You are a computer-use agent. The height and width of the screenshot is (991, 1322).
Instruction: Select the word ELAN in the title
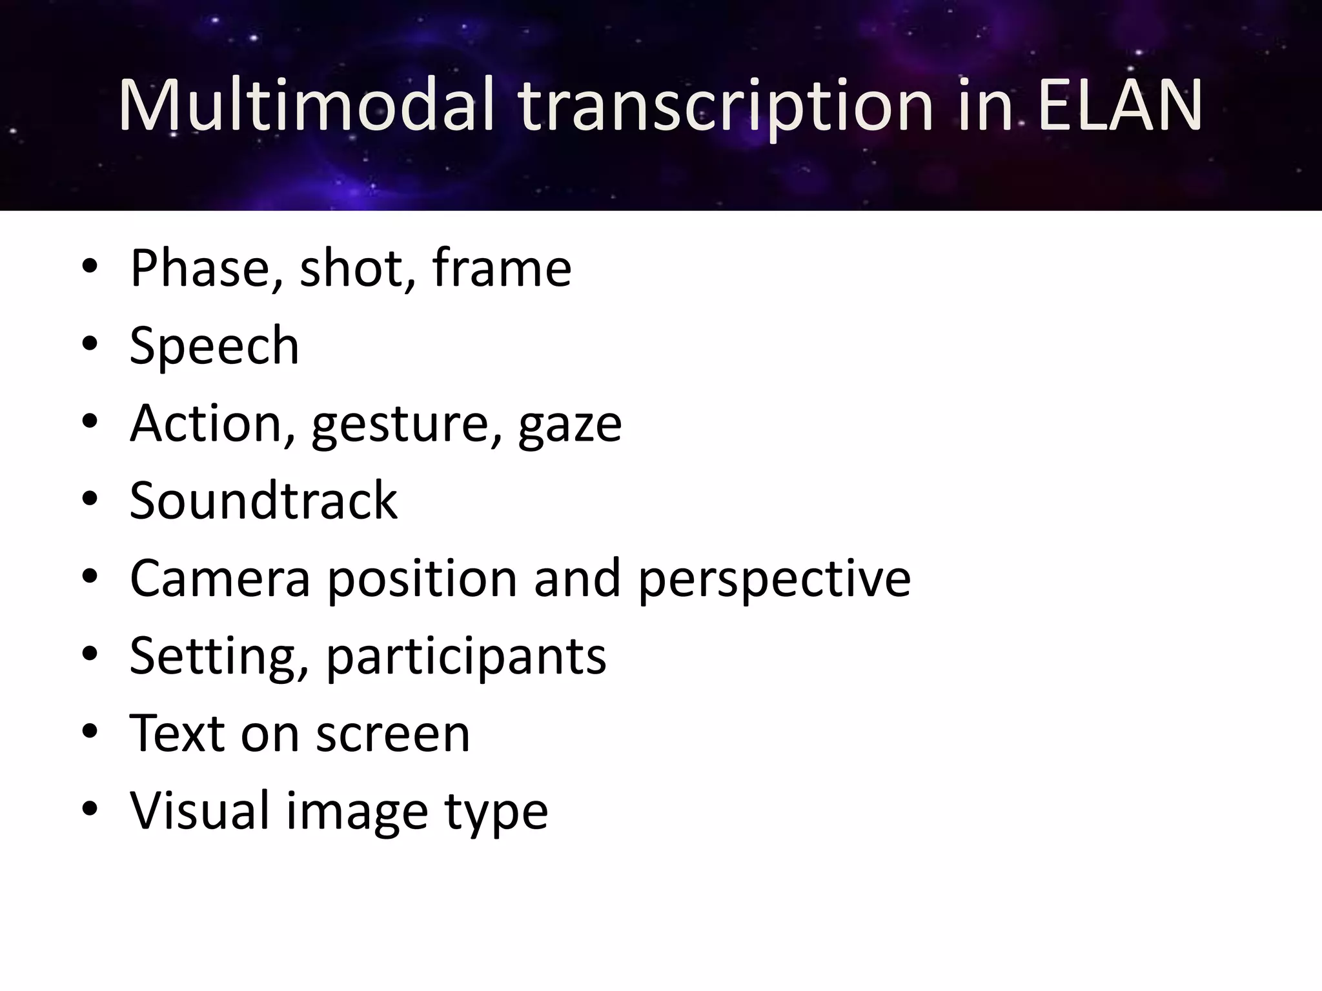(x=1120, y=105)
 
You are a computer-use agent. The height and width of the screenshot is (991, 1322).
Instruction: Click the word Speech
(x=214, y=346)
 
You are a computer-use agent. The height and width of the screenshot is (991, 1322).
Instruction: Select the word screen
(x=393, y=734)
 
